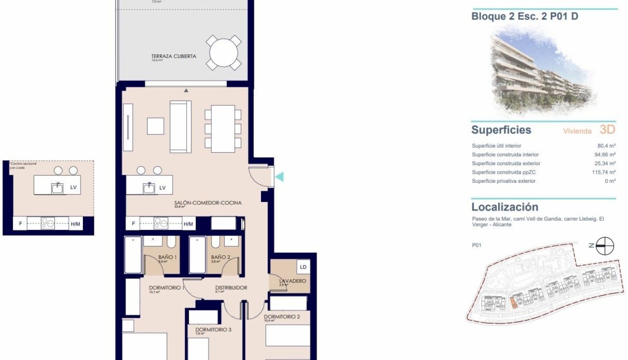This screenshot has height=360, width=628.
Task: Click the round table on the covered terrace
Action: tap(224, 53)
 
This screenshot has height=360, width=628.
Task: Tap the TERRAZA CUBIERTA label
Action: tap(173, 56)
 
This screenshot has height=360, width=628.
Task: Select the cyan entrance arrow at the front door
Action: tap(279, 177)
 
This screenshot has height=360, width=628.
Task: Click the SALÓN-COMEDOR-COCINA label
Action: tap(208, 203)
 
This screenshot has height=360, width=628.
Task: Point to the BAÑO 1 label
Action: tap(168, 258)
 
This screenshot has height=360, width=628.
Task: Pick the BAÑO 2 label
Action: tap(221, 258)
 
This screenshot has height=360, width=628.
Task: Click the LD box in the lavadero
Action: tap(303, 267)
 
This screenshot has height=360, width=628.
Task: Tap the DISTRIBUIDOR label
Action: tap(231, 288)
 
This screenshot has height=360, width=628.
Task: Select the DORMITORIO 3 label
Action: tap(213, 330)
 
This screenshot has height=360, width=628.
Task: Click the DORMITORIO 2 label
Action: tap(282, 317)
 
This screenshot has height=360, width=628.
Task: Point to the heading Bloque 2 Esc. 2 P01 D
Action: tap(525, 17)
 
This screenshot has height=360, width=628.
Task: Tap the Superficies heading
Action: tap(501, 130)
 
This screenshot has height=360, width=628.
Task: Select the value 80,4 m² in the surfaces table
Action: tap(606, 146)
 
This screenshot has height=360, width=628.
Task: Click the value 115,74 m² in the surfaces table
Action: tap(603, 172)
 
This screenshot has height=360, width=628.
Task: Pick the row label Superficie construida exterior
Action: tap(506, 164)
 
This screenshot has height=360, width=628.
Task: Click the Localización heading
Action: tap(505, 207)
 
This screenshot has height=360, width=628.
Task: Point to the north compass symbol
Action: tap(605, 246)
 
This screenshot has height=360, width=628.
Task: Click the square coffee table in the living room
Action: tap(155, 126)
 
